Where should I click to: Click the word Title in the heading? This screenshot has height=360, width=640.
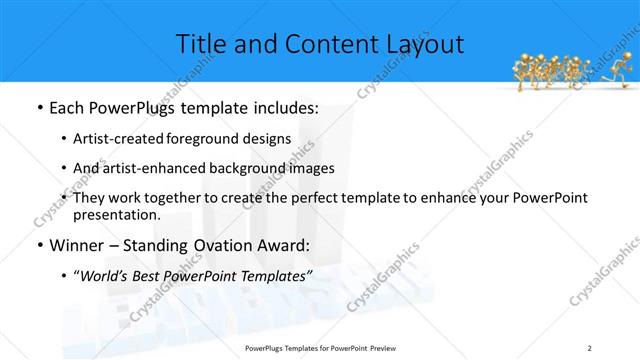click(x=200, y=44)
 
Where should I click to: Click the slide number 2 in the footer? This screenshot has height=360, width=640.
click(x=590, y=347)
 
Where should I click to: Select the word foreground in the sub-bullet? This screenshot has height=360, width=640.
click(x=220, y=138)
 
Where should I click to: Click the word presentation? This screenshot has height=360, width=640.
click(x=117, y=214)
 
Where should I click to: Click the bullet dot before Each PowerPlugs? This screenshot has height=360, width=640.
click(x=38, y=108)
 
